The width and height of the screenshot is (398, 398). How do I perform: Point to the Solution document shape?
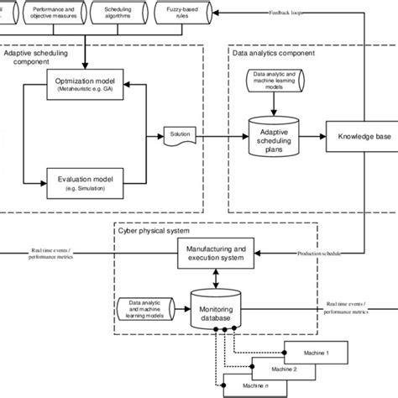[180, 134]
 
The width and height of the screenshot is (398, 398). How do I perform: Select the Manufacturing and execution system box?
[215, 254]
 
